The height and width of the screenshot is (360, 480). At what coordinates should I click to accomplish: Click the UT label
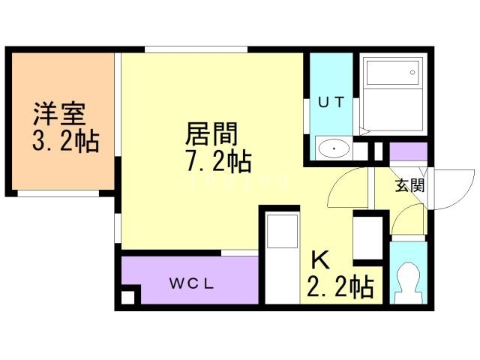click(x=331, y=103)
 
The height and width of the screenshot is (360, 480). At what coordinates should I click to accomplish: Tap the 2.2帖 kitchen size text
click(x=340, y=287)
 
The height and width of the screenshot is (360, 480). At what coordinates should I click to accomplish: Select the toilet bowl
click(x=409, y=280)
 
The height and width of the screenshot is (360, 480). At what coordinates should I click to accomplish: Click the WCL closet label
click(x=192, y=283)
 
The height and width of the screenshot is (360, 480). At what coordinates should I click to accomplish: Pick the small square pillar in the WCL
click(x=128, y=296)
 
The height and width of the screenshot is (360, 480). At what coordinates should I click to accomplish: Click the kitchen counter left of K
click(x=282, y=259)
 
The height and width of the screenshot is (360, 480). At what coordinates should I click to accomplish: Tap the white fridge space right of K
click(x=369, y=237)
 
